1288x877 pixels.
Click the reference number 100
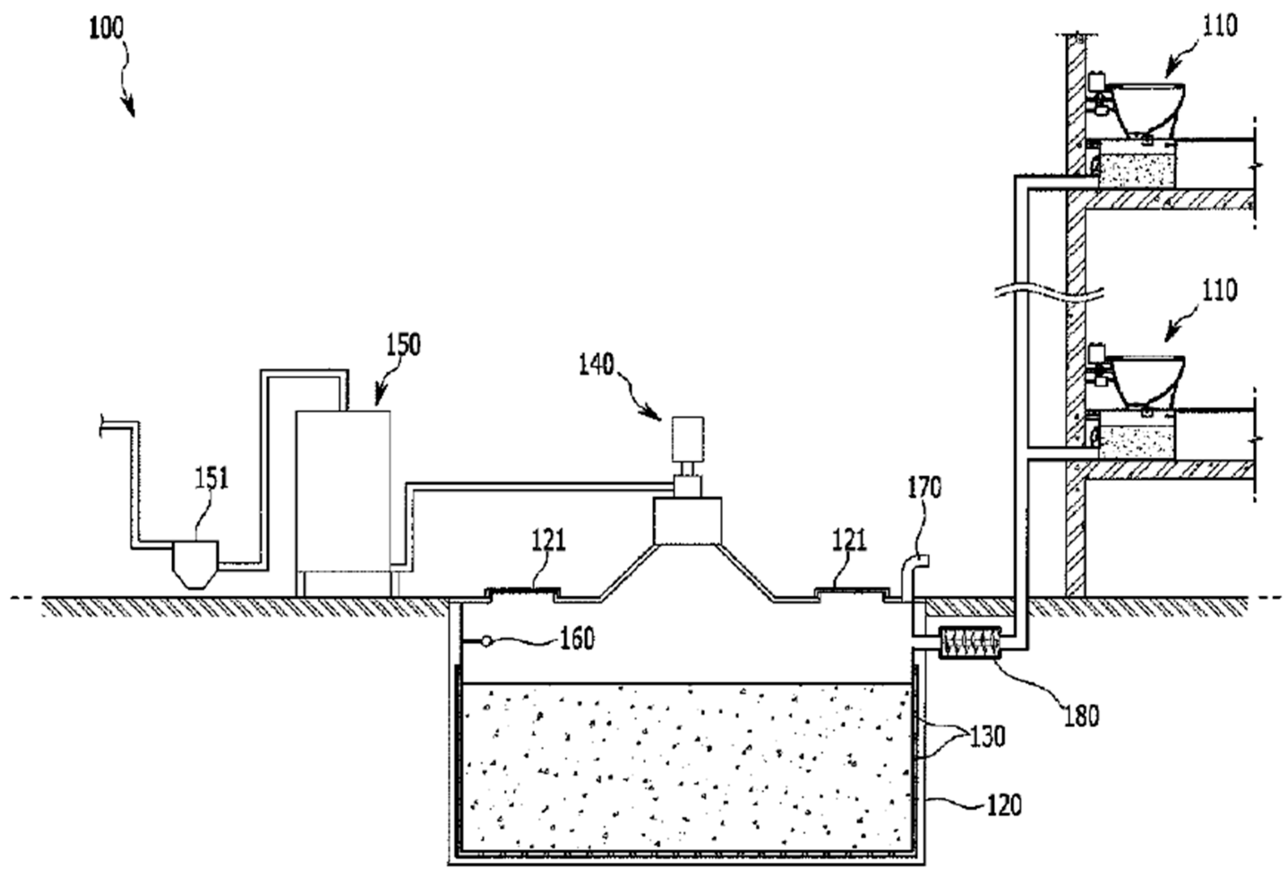point(107,28)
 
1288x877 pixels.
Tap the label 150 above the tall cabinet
point(403,345)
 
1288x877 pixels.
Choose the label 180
point(1081,716)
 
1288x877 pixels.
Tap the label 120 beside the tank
point(1004,805)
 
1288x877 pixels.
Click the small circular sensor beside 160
point(486,642)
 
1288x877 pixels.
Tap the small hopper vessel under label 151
point(195,562)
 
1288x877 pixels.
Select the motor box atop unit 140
point(687,439)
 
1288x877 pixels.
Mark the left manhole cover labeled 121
point(522,592)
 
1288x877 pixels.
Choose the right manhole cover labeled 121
point(849,592)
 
